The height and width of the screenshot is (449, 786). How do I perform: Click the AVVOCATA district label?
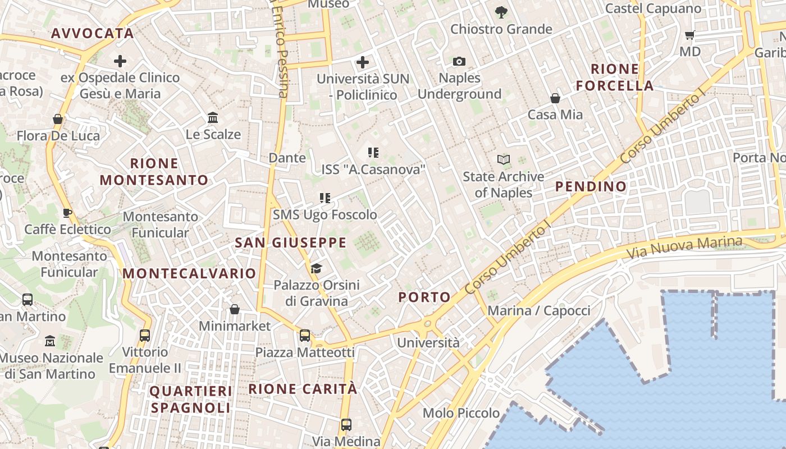click(93, 33)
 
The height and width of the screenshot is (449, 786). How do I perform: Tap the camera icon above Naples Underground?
click(459, 61)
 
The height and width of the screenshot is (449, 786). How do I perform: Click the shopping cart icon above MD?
click(690, 35)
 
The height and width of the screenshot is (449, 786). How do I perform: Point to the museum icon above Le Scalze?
click(213, 118)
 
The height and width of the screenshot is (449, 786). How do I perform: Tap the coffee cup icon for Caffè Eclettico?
click(67, 213)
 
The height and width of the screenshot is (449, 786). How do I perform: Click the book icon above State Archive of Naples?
click(504, 160)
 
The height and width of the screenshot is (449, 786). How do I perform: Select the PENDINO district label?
click(591, 186)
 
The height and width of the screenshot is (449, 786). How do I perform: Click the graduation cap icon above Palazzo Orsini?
click(316, 268)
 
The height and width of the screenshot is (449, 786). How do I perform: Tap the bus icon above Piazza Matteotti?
click(305, 336)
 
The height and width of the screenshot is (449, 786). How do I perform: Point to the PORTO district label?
click(424, 297)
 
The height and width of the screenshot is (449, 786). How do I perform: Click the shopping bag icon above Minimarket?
click(235, 309)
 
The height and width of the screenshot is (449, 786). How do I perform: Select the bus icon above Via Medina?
click(346, 425)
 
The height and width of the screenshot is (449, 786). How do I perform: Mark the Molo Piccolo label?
click(461, 413)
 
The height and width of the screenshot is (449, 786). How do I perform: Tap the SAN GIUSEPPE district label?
click(290, 242)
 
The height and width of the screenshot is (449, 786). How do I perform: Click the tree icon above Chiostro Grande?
click(501, 12)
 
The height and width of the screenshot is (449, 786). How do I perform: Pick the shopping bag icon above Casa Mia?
click(555, 98)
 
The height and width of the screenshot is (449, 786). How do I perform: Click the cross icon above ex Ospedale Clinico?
click(120, 61)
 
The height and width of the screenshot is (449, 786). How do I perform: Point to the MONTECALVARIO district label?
click(189, 273)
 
